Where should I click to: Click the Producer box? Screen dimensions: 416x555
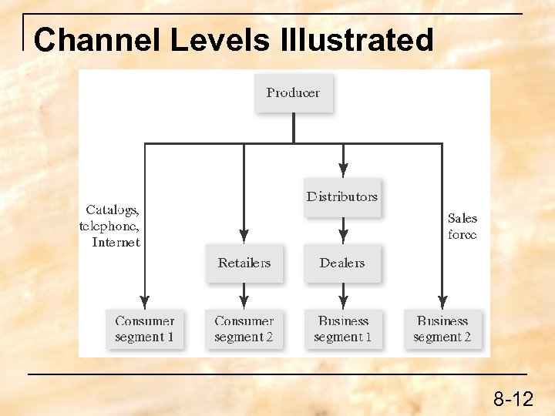pos(293,92)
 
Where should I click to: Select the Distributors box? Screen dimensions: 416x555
pos(342,196)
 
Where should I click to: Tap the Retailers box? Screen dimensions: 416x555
pos(244,263)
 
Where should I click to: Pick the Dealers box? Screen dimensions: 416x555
pos(342,263)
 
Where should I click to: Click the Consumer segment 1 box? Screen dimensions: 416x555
pos(144,329)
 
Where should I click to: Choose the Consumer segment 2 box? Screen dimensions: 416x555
pos(244,329)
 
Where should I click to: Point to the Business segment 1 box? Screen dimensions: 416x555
pos(343,329)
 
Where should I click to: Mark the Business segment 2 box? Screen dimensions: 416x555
pos(442,329)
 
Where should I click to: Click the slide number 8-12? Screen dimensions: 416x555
pos(513,399)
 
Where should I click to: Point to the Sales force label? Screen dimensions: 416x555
pos(462,226)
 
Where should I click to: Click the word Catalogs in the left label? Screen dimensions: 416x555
pos(113,210)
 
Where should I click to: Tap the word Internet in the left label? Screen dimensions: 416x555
pos(116,243)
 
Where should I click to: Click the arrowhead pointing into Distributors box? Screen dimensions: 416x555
pos(343,171)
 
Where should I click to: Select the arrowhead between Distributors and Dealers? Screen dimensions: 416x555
pos(343,237)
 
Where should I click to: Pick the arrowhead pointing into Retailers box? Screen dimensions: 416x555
pos(244,237)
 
